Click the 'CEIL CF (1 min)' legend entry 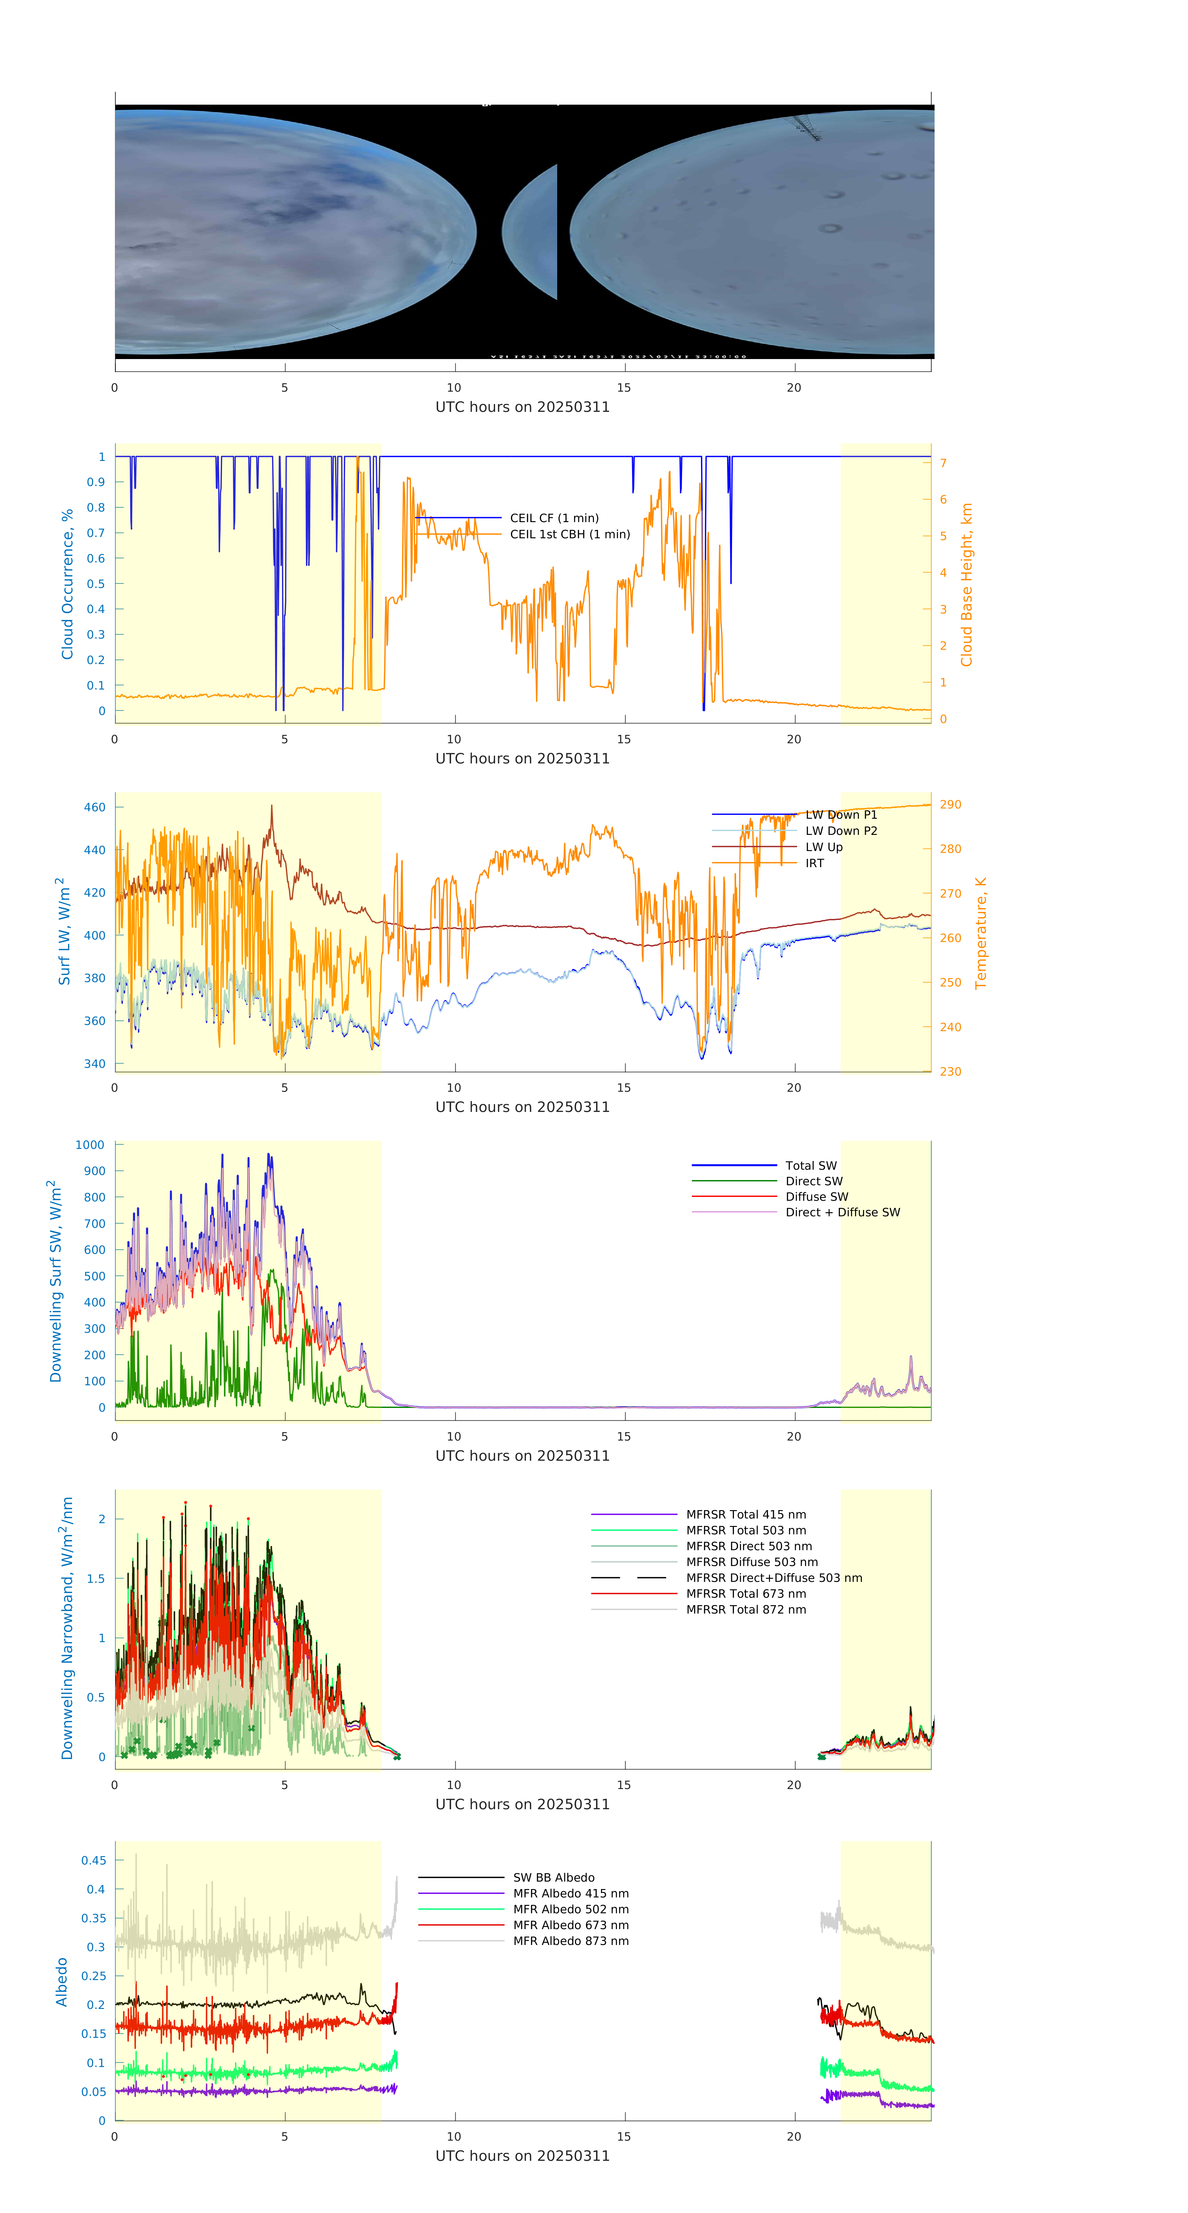(554, 518)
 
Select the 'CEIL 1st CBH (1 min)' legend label (570, 534)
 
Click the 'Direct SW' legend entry (813, 1181)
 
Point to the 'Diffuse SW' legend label (816, 1197)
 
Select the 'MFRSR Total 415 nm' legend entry (746, 1514)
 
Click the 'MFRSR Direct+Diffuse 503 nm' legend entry (773, 1578)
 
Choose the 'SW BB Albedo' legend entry (553, 1878)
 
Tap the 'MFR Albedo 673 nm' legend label (570, 1925)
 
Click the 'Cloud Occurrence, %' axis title (67, 584)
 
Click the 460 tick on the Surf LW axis (94, 808)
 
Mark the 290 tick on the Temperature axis (950, 805)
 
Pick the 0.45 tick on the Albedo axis (93, 1861)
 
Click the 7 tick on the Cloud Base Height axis (943, 463)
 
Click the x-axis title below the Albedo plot (522, 2156)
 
